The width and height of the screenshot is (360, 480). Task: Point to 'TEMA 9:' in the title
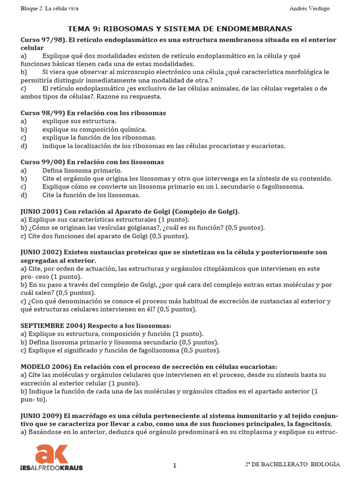pyautogui.click(x=83, y=29)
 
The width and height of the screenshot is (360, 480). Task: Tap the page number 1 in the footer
pyautogui.click(x=175, y=465)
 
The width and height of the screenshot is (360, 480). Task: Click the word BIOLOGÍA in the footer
pyautogui.click(x=324, y=464)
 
